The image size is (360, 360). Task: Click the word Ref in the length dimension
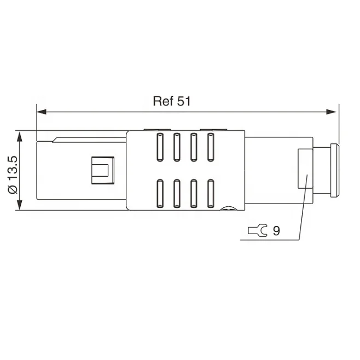[x=163, y=101]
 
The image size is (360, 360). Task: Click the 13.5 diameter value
[x=13, y=166]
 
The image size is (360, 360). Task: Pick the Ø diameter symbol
[x=13, y=188]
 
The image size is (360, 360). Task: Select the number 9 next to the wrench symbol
[x=276, y=231]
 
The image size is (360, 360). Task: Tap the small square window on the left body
[x=101, y=170]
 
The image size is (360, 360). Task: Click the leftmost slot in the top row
[x=160, y=147]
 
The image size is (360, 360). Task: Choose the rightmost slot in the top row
[x=210, y=147]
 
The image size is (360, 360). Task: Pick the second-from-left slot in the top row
[x=177, y=147]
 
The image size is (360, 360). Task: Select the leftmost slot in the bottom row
[x=160, y=194]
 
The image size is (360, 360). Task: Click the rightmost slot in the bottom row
[x=210, y=194]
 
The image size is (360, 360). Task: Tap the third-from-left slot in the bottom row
[x=193, y=194]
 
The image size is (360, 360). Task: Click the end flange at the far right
[x=333, y=170]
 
